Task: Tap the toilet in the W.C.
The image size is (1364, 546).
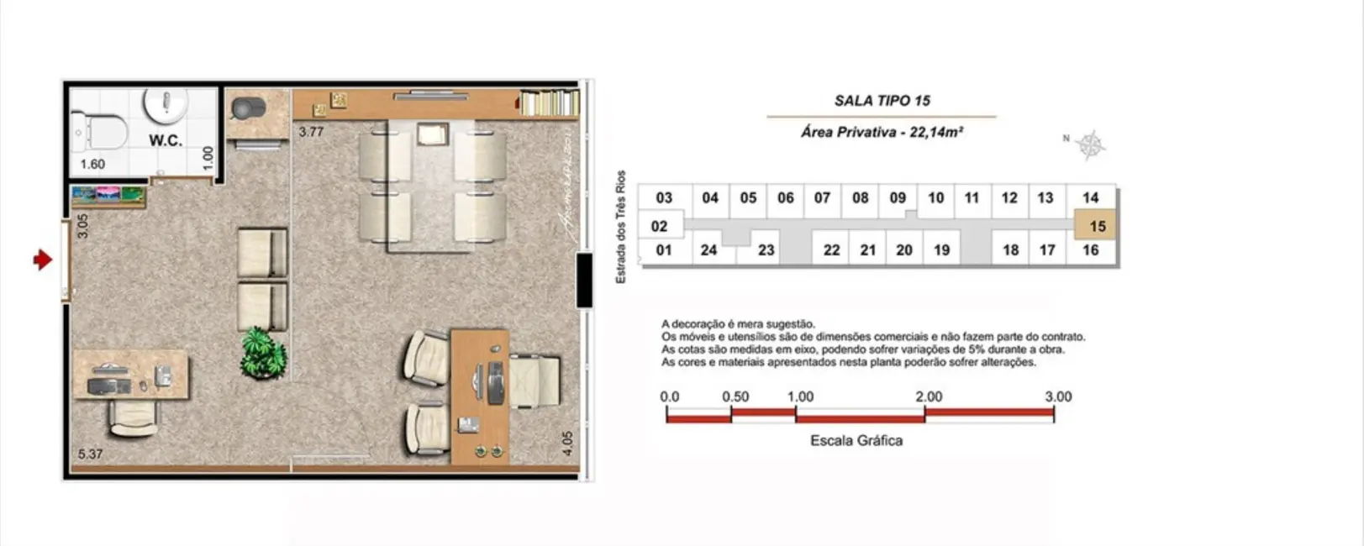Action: click(102, 132)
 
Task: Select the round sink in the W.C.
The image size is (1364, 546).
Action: click(166, 104)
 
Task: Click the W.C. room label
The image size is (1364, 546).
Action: click(166, 140)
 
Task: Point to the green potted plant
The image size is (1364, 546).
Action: click(262, 353)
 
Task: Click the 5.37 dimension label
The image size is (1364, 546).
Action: click(90, 454)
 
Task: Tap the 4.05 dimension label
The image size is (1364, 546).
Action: click(568, 444)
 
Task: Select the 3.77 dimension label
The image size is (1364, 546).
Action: click(311, 132)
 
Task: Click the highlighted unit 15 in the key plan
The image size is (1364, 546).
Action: click(1096, 226)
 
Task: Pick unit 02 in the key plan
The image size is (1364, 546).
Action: click(660, 226)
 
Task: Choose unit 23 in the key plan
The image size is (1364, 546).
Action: click(766, 249)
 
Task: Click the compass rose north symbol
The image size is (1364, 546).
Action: click(1090, 145)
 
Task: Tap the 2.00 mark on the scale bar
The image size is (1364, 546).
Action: click(928, 396)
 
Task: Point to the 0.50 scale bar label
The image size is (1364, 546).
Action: click(735, 396)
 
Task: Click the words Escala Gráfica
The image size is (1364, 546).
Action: click(856, 440)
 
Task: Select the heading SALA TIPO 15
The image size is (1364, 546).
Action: click(882, 101)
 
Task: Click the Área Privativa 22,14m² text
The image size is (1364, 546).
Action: click(882, 132)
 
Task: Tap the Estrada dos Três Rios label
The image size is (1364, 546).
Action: click(621, 227)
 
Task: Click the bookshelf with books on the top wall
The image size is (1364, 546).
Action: click(549, 103)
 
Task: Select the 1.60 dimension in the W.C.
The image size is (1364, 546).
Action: click(92, 164)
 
